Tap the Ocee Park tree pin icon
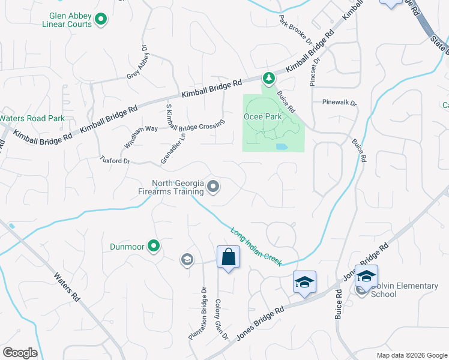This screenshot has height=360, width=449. tap(269, 78)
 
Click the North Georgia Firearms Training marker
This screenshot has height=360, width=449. tap(213, 188)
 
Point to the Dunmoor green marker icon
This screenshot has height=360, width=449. tap(154, 245)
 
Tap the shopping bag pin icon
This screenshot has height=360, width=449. tap(228, 257)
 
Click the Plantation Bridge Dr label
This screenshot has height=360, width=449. tap(198, 313)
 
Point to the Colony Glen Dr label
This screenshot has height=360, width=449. tap(221, 320)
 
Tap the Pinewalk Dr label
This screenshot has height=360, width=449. tap(339, 103)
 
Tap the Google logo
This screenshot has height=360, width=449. tap(20, 353)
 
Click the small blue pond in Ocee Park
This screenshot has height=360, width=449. tap(281, 146)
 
